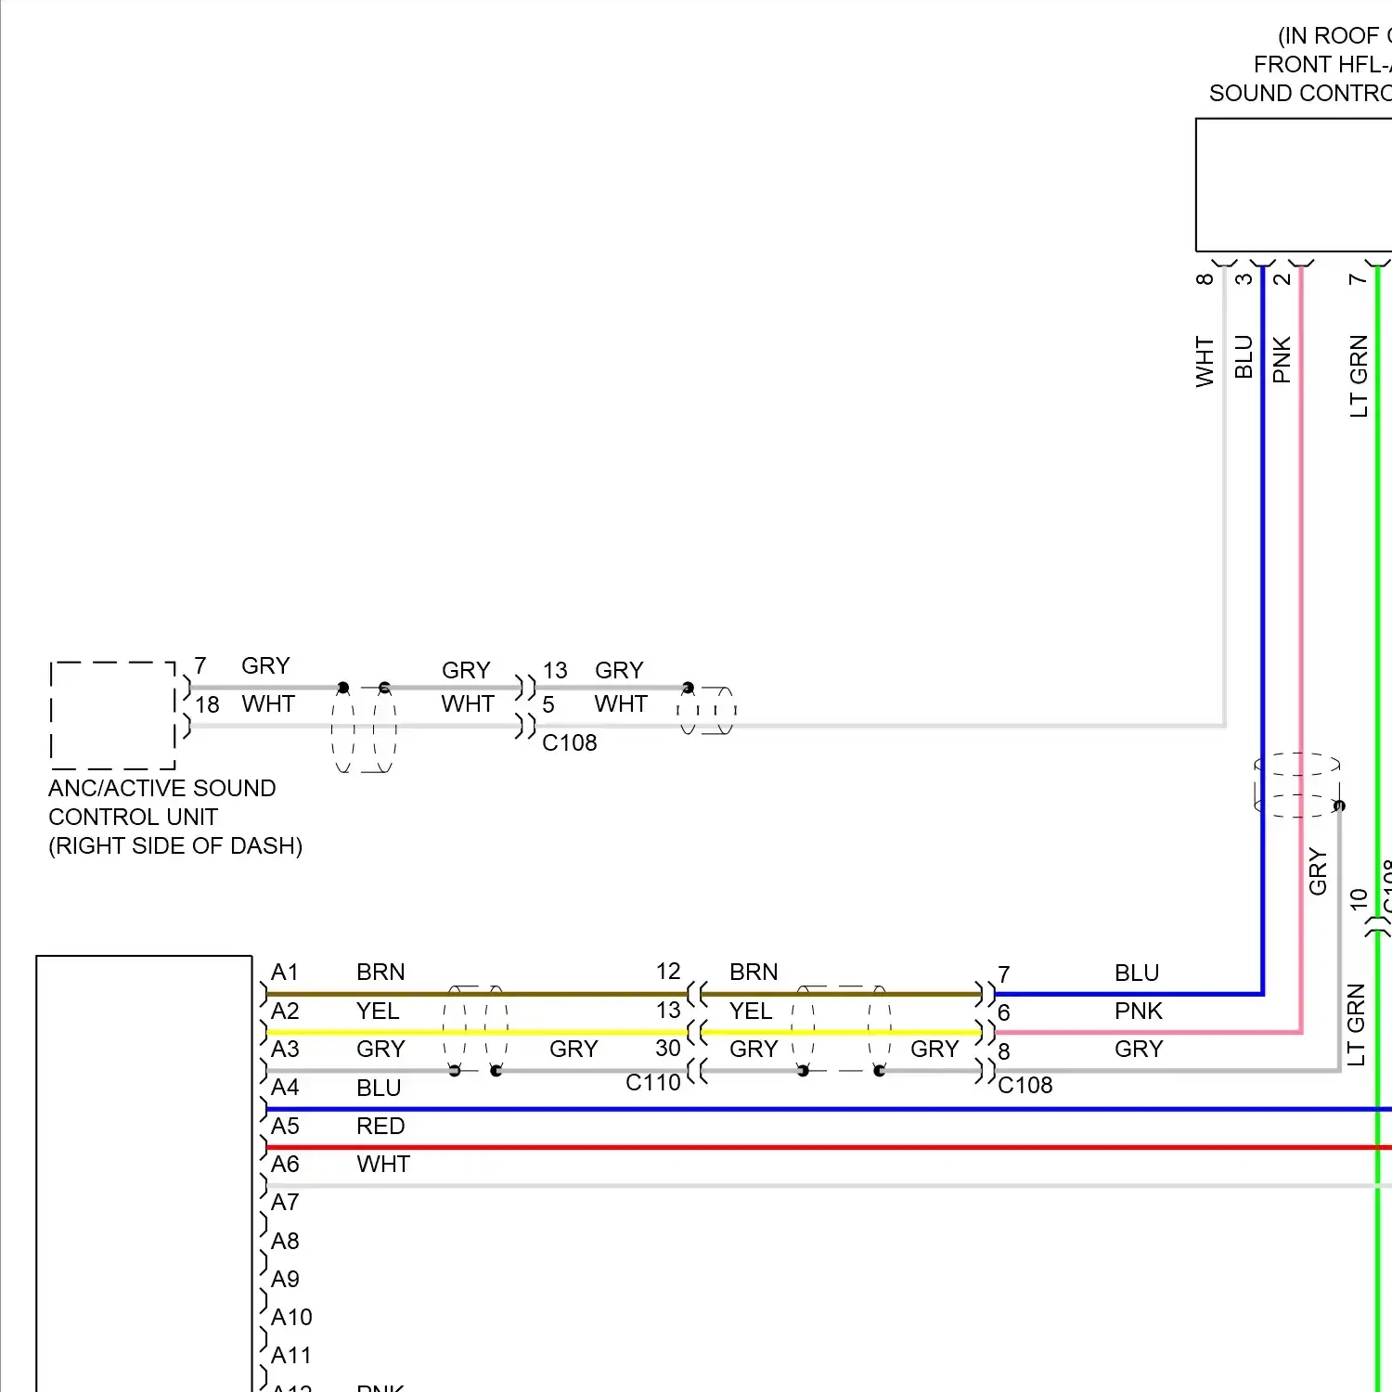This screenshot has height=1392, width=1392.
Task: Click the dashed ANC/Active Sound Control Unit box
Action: [x=112, y=715]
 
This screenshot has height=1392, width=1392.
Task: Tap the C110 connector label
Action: [x=652, y=1082]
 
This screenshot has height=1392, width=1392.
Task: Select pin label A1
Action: [x=285, y=973]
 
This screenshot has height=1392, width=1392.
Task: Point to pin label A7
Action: [x=285, y=1203]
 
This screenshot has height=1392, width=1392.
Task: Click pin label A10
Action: [x=291, y=1317]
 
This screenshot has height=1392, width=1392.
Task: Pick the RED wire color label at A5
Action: [x=380, y=1126]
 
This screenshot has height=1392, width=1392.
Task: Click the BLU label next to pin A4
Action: [x=379, y=1088]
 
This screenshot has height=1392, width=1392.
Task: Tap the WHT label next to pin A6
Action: [x=383, y=1164]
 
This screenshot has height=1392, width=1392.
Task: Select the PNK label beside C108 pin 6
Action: [x=1139, y=1011]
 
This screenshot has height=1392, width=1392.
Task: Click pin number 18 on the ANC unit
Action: [x=207, y=705]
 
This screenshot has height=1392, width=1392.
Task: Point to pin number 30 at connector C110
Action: [x=668, y=1049]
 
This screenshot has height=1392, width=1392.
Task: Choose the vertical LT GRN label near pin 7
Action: [x=1359, y=376]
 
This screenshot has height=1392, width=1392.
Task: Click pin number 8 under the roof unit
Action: [x=1205, y=278]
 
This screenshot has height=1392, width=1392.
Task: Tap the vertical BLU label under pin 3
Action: [x=1244, y=357]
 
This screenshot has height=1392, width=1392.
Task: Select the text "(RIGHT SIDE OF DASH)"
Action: [x=175, y=846]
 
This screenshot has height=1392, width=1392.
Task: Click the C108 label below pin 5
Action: [x=569, y=743]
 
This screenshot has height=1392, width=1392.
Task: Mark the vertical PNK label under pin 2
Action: [x=1282, y=360]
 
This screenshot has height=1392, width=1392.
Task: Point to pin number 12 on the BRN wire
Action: [x=668, y=972]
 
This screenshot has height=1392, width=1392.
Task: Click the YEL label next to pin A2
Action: [x=378, y=1011]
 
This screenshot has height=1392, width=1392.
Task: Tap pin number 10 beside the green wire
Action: [x=1359, y=898]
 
